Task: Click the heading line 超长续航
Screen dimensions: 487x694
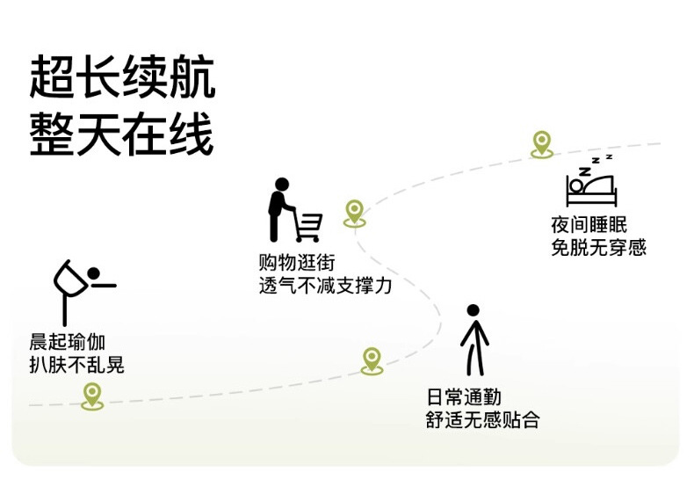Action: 122,79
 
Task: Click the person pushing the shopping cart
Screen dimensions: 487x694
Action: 278,211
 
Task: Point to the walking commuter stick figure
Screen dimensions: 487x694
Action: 474,338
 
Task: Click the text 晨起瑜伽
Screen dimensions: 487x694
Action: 68,343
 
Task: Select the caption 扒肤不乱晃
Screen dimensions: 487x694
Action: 76,364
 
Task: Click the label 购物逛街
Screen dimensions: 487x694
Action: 297,263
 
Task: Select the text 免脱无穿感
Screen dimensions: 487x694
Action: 598,247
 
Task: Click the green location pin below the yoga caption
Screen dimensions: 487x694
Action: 92,395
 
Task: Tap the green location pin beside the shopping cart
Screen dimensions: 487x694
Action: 353,212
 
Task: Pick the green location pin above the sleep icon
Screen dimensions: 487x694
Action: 542,143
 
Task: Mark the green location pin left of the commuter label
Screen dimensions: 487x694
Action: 372,360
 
